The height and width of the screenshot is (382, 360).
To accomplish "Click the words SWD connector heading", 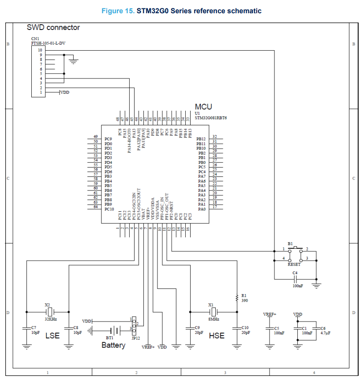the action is [53, 27].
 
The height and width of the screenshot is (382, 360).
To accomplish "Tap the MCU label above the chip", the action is [203, 107].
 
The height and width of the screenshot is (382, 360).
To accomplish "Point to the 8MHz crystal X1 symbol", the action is [214, 311].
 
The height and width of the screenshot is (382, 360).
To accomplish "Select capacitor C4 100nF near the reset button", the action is [295, 279].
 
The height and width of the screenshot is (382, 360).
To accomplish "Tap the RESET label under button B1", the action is [294, 264].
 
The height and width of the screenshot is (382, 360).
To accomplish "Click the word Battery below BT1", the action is [113, 345].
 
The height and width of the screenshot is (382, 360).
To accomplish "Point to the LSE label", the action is [52, 336].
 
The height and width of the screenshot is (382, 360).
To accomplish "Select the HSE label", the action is [217, 336].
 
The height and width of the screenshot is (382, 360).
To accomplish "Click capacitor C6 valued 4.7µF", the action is [316, 329].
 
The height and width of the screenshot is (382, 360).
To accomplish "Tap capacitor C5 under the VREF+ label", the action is [270, 329].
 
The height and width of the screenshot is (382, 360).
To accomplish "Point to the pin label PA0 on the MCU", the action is [202, 209].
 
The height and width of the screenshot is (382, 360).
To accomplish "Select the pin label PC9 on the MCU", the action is [108, 139].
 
